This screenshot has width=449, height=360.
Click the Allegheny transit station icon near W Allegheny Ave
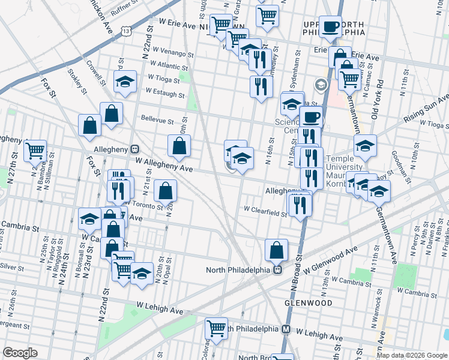(135, 149)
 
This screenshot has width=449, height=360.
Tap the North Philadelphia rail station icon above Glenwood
(278, 269)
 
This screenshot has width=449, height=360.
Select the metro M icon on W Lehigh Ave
(286, 329)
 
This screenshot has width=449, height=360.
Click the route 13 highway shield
(126, 30)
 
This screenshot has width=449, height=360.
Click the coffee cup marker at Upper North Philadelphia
(330, 27)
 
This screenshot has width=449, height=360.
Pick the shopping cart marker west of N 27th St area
(35, 151)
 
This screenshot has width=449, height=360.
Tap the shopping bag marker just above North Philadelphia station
(276, 250)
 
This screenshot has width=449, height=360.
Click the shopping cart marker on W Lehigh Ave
(216, 328)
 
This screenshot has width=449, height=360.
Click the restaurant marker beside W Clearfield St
(300, 205)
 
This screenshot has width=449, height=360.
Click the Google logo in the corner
(20, 353)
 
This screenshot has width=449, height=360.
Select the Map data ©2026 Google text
(412, 355)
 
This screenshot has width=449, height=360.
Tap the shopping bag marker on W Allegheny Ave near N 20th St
(179, 146)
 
